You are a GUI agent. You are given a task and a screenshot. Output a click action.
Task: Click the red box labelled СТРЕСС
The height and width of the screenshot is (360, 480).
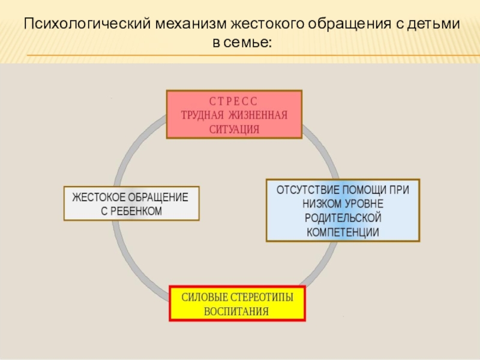point(234,115)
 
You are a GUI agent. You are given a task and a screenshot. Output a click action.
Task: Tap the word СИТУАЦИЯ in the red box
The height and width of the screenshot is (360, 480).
point(235,128)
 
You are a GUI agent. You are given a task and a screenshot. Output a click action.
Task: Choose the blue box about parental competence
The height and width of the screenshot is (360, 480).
point(343,210)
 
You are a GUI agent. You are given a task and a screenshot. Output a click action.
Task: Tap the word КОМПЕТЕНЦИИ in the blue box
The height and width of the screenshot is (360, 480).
point(343,232)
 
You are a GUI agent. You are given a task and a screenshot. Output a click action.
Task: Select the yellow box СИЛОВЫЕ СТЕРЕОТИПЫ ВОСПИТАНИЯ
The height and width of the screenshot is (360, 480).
point(236,304)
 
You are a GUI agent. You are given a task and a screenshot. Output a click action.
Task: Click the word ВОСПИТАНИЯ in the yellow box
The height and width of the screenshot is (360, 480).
point(236,312)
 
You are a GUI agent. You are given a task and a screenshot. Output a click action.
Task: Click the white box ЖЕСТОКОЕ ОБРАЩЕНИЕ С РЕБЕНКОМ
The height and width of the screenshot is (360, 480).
point(131,204)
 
